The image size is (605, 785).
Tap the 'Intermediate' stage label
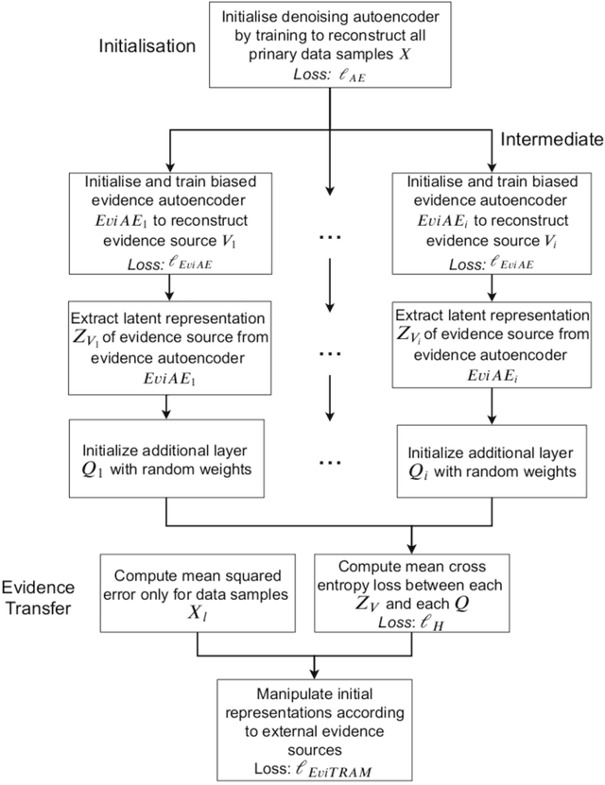click(551, 140)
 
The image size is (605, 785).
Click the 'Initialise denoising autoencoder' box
click(328, 44)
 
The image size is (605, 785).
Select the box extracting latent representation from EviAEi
click(492, 342)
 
